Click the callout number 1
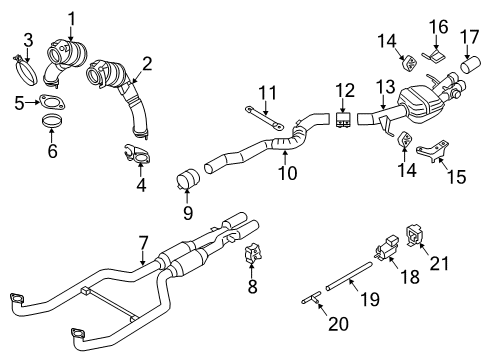tap(71, 17)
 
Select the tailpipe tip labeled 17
tap(471, 73)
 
